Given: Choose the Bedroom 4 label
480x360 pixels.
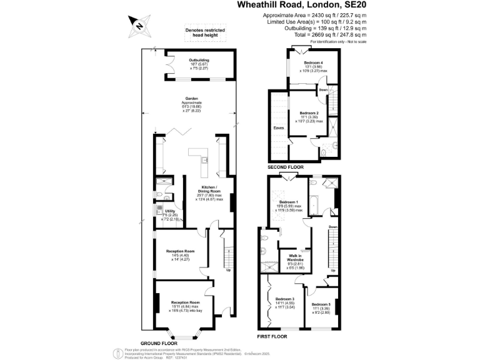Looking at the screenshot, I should click(x=314, y=63).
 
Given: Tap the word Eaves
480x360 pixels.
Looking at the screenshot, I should click(x=279, y=127).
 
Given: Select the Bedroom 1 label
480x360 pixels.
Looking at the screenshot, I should click(x=288, y=202).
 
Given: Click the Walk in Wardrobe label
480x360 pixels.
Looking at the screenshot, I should click(x=295, y=257).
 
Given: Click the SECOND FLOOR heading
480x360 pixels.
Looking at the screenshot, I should click(x=286, y=167).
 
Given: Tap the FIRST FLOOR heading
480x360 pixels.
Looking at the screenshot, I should click(x=272, y=337).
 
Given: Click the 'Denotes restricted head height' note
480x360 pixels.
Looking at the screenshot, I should click(x=205, y=32).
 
